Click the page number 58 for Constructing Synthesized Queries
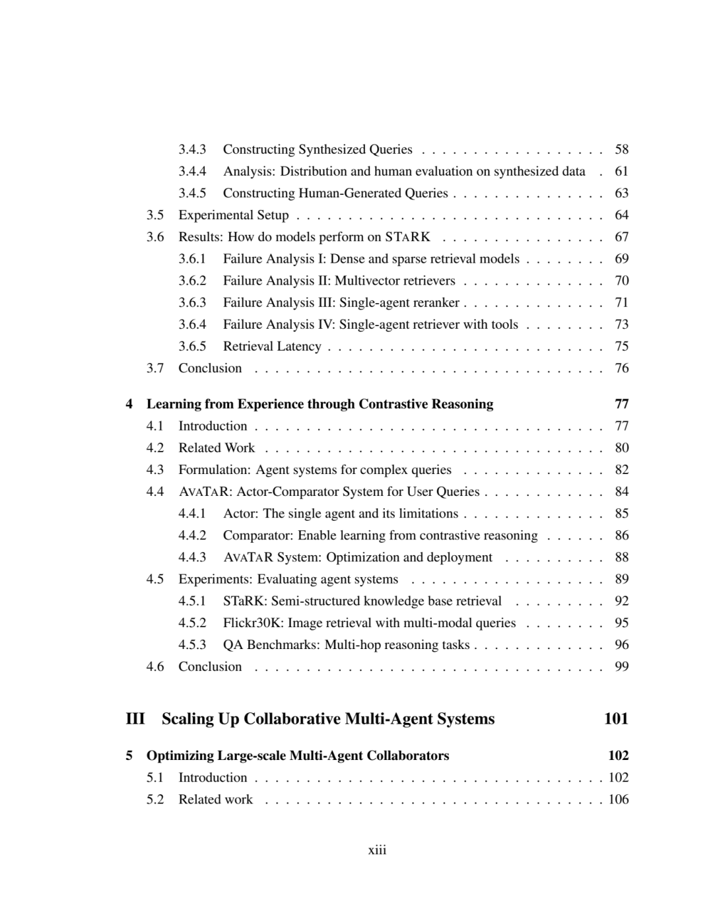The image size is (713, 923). [x=621, y=149]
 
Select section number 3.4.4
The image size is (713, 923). [x=192, y=171]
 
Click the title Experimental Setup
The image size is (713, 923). [x=234, y=215]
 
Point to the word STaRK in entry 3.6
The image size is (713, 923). [x=407, y=236]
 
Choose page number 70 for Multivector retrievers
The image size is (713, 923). [x=621, y=280]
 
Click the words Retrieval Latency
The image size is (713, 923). [x=272, y=346]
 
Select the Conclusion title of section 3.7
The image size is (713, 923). [x=210, y=368]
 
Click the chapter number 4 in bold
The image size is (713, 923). [x=129, y=404]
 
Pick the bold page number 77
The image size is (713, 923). [x=621, y=404]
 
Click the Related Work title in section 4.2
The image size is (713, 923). [x=217, y=448]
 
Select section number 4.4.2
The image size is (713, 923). [x=192, y=535]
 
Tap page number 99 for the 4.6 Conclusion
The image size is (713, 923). [x=621, y=666]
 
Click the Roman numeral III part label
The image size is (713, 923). [x=135, y=719]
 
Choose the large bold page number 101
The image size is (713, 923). [x=616, y=719]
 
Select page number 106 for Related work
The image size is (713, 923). [x=619, y=799]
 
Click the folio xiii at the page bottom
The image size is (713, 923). [x=377, y=850]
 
